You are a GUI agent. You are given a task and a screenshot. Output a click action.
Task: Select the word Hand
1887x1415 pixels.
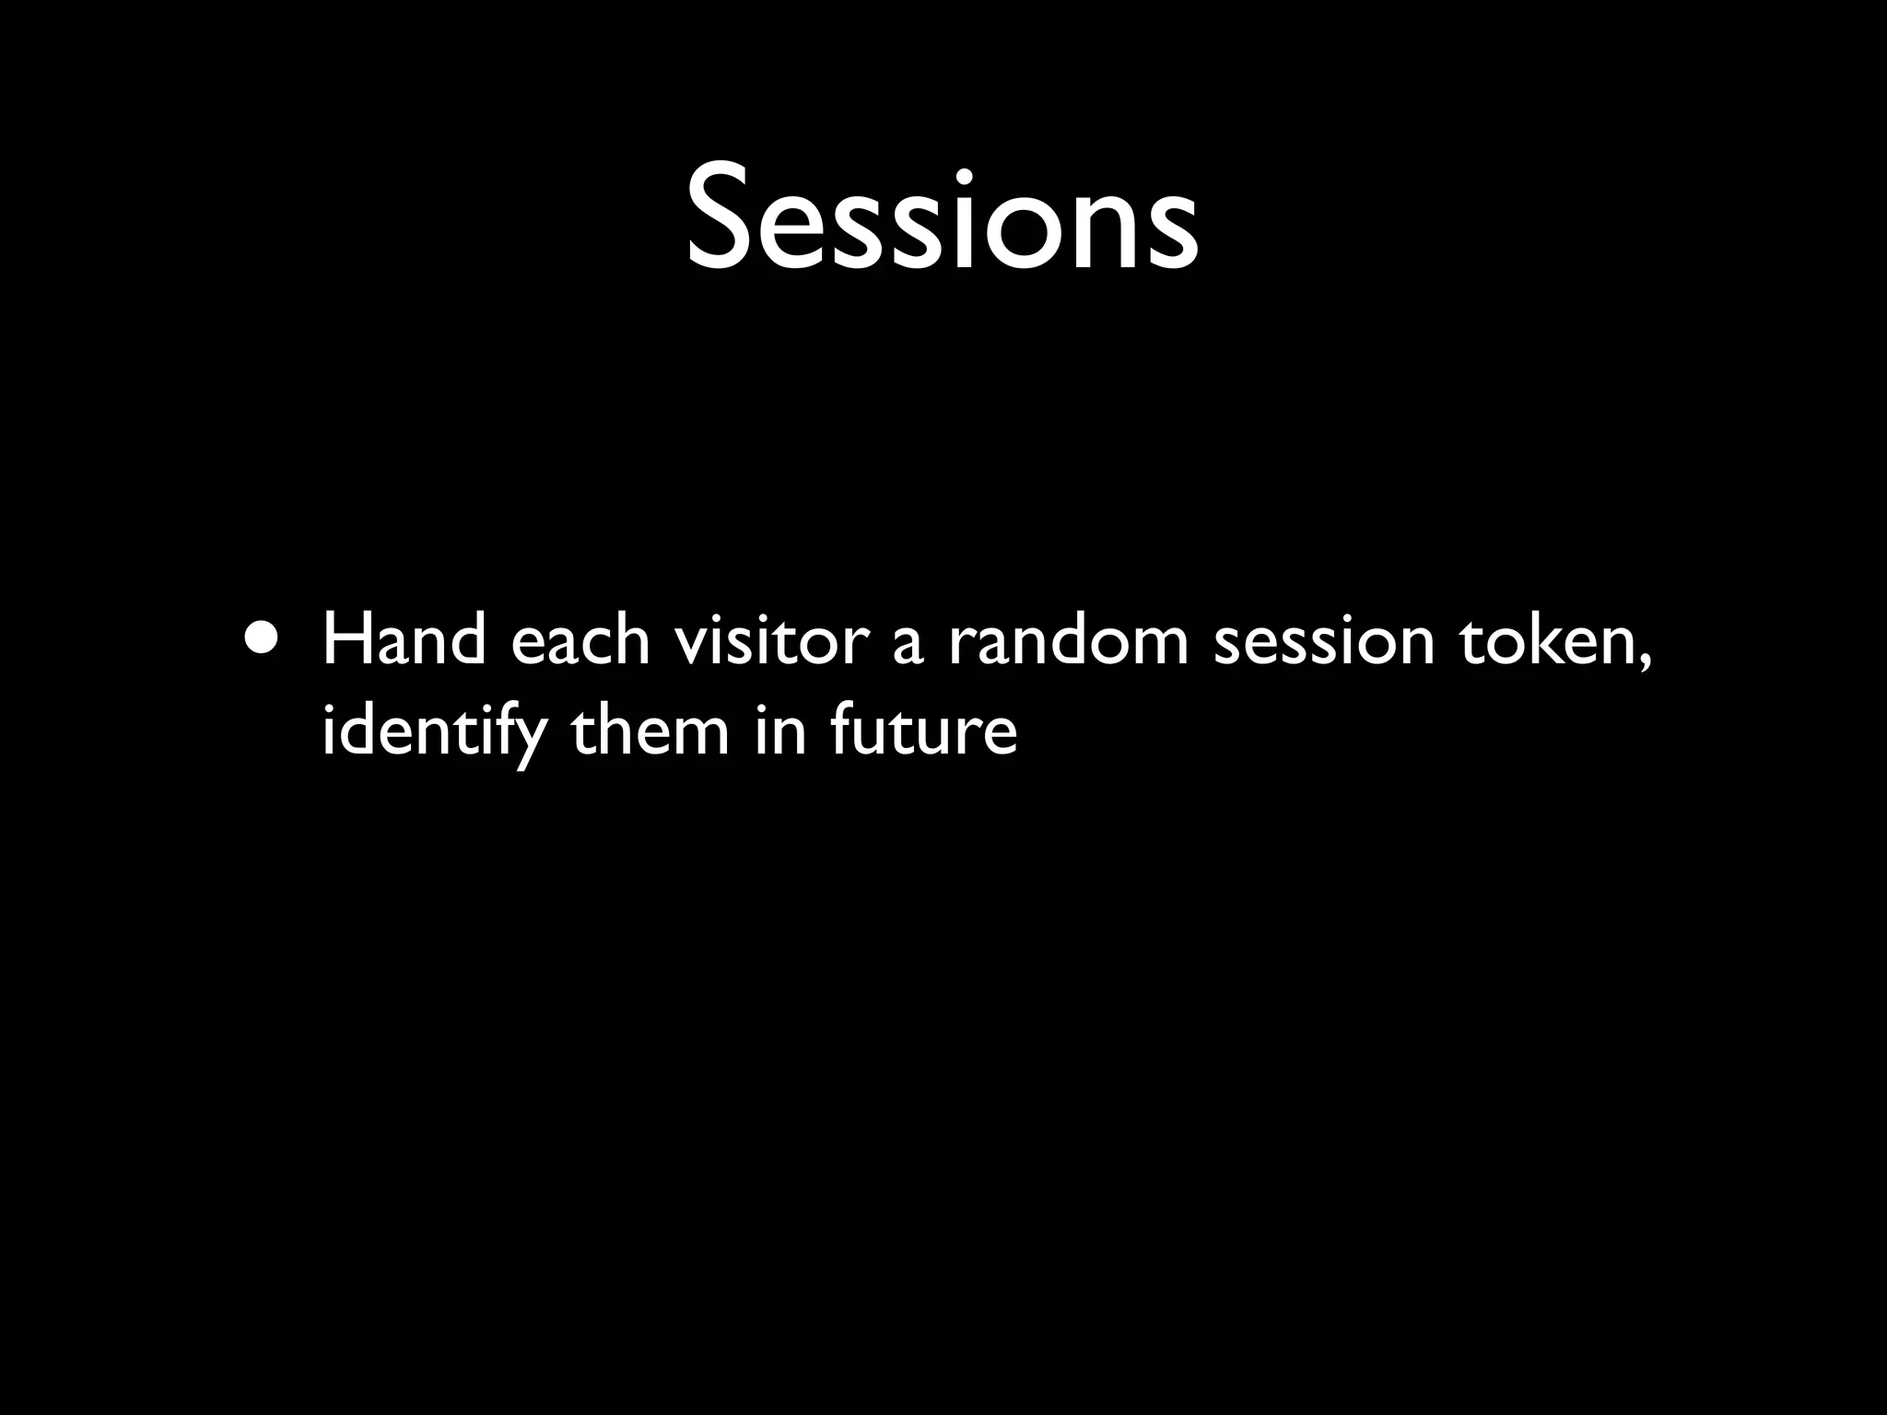click(404, 641)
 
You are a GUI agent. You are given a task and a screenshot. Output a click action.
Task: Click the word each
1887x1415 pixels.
click(580, 641)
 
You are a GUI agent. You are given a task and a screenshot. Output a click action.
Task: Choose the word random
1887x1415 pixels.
click(1068, 641)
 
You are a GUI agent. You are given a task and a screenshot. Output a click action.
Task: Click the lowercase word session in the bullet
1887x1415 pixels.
click(1324, 643)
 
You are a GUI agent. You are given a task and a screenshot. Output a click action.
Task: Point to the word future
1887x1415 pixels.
click(923, 731)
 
